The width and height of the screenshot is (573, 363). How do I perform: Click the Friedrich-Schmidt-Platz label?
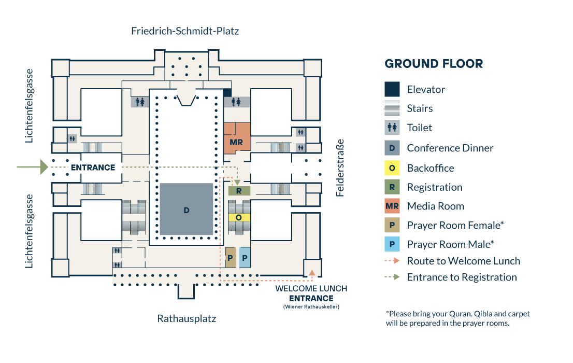185,31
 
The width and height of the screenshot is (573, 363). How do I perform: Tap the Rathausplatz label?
187,318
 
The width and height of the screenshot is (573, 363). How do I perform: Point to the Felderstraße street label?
340,167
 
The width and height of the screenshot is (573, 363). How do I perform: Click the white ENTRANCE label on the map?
93,167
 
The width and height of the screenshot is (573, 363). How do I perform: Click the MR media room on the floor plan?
237,141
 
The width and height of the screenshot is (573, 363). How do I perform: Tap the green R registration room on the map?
239,191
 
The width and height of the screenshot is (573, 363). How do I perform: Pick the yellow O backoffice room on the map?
239,217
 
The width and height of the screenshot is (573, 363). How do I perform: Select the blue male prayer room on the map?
245,257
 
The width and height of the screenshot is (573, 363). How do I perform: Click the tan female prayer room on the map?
231,257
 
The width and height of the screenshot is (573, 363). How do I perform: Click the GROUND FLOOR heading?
434,64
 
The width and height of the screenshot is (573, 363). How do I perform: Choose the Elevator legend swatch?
392,89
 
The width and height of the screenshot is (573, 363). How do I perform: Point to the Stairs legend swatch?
392,108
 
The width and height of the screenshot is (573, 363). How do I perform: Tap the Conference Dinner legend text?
450,148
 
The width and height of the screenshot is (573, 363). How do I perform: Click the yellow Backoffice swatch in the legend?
392,168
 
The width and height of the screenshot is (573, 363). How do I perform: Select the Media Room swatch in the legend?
392,206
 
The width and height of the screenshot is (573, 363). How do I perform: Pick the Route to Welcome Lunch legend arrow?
392,261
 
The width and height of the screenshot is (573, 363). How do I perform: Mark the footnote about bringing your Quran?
457,318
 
